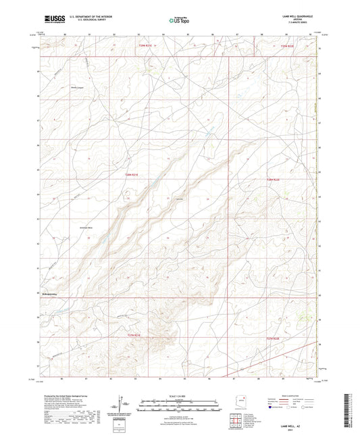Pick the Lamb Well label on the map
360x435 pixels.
click(x=180, y=199)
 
